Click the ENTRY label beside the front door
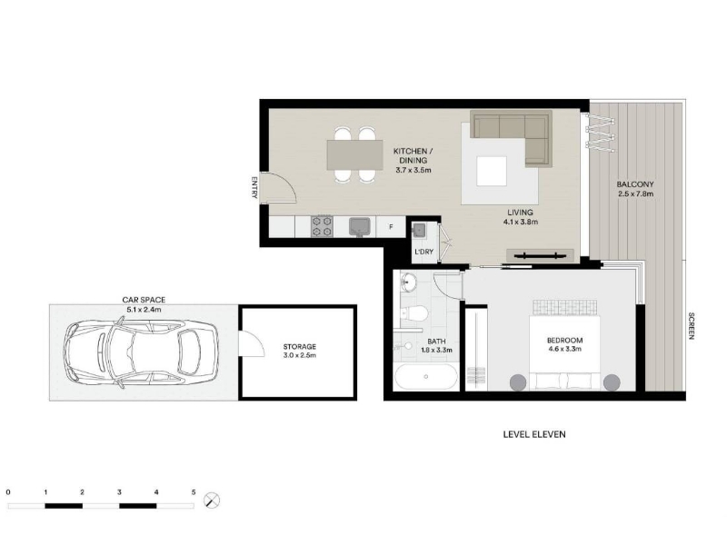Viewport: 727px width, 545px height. (x=254, y=188)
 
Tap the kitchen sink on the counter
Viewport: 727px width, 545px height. (x=359, y=227)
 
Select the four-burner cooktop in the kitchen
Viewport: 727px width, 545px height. (x=322, y=227)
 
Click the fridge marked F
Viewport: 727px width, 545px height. (x=391, y=227)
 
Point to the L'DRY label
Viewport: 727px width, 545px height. (x=423, y=252)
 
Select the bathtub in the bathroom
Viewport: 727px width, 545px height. (x=426, y=377)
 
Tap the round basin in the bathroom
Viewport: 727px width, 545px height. (x=408, y=282)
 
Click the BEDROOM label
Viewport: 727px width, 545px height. (x=564, y=340)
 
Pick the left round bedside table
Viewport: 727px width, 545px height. (x=518, y=382)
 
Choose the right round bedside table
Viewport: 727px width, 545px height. (x=612, y=382)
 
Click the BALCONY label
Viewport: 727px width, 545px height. (x=635, y=184)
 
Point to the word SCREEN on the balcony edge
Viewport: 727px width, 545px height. (x=692, y=326)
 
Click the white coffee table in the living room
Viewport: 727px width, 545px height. (x=492, y=172)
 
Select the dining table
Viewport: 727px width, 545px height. (x=355, y=154)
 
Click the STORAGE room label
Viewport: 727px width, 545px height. (x=300, y=347)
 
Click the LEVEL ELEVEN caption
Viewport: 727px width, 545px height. (x=534, y=434)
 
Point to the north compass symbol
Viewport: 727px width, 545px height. (x=212, y=500)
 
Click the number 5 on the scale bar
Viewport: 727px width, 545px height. (x=194, y=492)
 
